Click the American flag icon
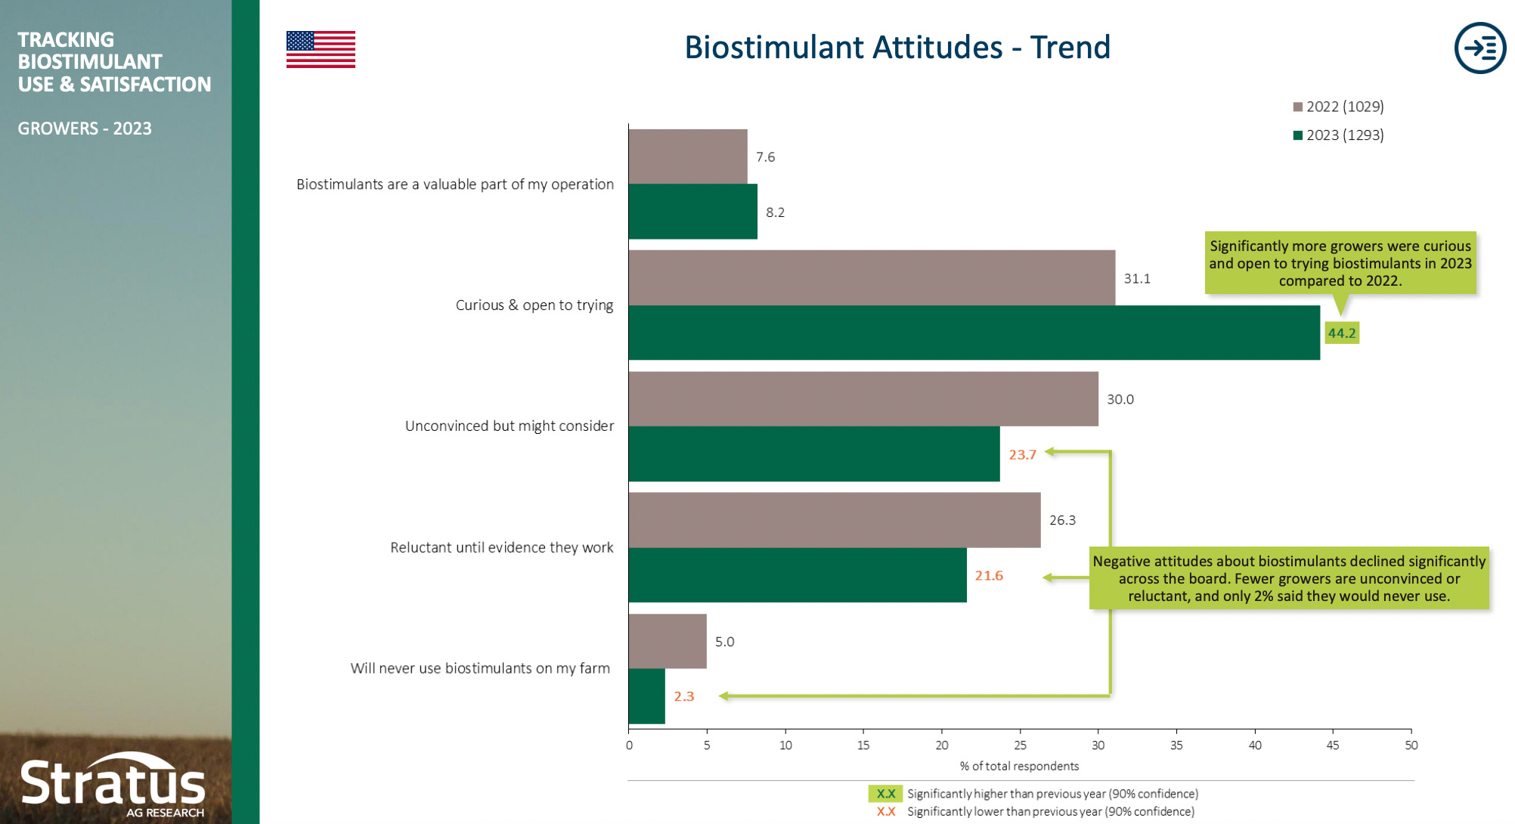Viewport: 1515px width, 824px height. pyautogui.click(x=321, y=49)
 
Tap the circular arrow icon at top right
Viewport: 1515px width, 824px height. pyautogui.click(x=1479, y=48)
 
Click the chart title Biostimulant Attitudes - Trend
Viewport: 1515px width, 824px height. pyautogui.click(x=897, y=48)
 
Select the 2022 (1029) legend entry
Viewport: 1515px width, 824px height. pyautogui.click(x=1338, y=107)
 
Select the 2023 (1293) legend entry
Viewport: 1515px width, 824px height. pyautogui.click(x=1338, y=135)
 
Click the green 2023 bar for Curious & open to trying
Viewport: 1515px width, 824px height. pyautogui.click(x=974, y=333)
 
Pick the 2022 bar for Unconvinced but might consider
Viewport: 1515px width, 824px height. pyautogui.click(x=863, y=398)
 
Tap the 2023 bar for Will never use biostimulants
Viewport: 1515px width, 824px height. pyautogui.click(x=646, y=696)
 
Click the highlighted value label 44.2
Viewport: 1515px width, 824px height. pyautogui.click(x=1342, y=333)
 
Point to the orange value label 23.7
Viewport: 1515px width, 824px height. pyautogui.click(x=1022, y=454)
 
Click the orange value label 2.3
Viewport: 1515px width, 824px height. pyautogui.click(x=683, y=696)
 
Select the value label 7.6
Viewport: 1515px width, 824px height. pyautogui.click(x=765, y=157)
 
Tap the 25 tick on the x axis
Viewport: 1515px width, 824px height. pyautogui.click(x=1020, y=745)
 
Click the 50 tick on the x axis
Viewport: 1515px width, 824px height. pyautogui.click(x=1411, y=745)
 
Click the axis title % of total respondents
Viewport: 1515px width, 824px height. pyautogui.click(x=1019, y=767)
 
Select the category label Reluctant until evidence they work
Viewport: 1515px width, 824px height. pyautogui.click(x=501, y=547)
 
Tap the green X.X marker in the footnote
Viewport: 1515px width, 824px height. pyautogui.click(x=885, y=794)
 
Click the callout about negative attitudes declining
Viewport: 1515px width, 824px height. pyautogui.click(x=1288, y=578)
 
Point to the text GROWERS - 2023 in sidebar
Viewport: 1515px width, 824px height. pyautogui.click(x=85, y=129)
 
